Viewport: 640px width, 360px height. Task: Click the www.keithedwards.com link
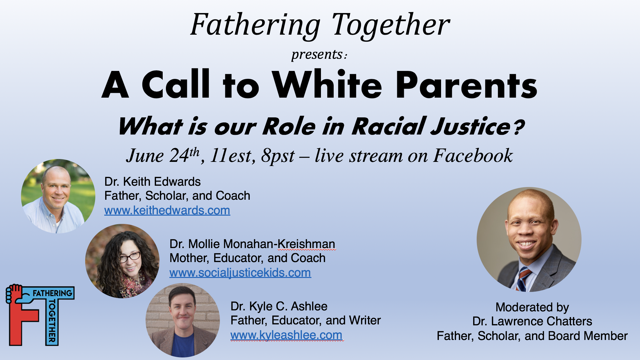(167, 211)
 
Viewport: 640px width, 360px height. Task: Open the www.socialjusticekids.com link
(240, 273)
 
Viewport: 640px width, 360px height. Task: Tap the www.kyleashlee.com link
(286, 335)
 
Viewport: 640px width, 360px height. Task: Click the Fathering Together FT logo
(40, 315)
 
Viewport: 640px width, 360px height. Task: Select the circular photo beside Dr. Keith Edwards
(58, 196)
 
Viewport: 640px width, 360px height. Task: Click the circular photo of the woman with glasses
(122, 261)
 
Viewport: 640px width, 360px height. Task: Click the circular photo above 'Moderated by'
(529, 239)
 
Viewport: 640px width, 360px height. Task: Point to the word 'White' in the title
(327, 85)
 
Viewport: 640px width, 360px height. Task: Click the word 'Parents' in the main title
(466, 85)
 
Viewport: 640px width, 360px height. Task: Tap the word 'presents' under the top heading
(317, 55)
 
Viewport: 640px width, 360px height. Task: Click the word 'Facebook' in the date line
(473, 156)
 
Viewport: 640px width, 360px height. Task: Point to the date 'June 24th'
(163, 156)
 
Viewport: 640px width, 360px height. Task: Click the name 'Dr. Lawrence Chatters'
(532, 321)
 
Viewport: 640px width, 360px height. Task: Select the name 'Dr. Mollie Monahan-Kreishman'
(252, 244)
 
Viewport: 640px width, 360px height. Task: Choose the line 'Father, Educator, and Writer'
(306, 320)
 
